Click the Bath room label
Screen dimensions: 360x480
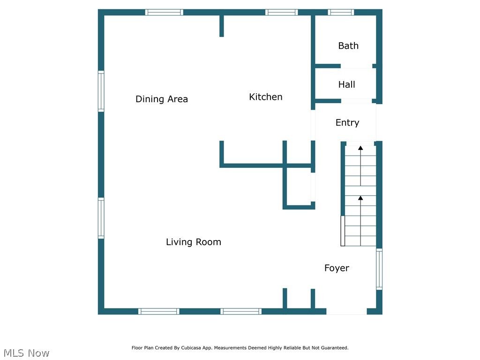[x=348, y=45]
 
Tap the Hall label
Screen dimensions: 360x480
[x=347, y=84]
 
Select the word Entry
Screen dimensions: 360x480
[x=347, y=122]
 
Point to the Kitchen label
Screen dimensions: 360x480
[x=265, y=97]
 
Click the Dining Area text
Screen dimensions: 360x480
[x=162, y=99]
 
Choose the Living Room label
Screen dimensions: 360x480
[x=194, y=242]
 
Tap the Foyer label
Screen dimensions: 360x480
[x=337, y=268]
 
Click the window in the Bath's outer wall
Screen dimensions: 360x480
[x=341, y=12]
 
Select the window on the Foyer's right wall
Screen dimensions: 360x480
[x=379, y=269]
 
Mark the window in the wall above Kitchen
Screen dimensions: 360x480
[x=281, y=12]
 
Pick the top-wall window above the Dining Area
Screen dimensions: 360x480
[x=164, y=12]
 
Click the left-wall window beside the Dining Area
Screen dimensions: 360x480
[x=101, y=91]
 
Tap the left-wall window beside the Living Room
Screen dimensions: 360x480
[x=101, y=218]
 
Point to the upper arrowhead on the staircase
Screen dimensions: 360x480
[x=360, y=148]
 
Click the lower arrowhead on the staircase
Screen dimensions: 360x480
[x=360, y=198]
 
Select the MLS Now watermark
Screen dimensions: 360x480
[x=26, y=353]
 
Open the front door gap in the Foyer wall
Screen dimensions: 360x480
[x=346, y=311]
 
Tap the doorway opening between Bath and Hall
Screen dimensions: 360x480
[x=356, y=66]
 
